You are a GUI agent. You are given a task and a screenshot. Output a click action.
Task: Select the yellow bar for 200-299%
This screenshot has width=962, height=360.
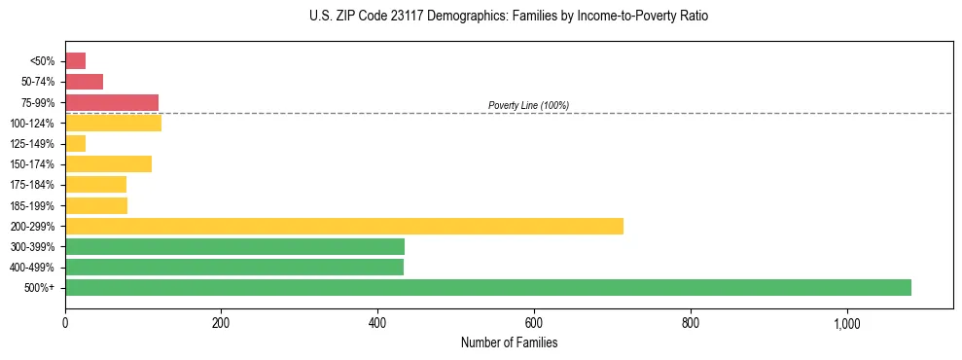[344, 226]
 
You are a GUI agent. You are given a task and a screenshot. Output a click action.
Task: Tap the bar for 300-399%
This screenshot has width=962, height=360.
[234, 246]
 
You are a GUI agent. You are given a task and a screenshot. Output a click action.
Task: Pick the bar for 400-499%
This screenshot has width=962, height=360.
[233, 267]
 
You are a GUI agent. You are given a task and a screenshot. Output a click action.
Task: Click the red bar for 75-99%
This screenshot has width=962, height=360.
[112, 102]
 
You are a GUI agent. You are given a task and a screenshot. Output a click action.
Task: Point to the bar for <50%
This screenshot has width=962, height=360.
[75, 60]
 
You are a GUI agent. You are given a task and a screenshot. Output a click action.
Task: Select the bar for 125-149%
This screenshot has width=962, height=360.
[75, 143]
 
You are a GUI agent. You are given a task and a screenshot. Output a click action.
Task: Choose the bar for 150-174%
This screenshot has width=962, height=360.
[108, 163]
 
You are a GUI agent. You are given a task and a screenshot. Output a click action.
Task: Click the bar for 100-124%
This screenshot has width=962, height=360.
[113, 123]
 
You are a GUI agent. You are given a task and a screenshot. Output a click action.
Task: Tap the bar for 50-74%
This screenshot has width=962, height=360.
[84, 82]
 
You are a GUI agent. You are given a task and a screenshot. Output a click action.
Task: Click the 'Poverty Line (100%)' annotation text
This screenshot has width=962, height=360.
[528, 105]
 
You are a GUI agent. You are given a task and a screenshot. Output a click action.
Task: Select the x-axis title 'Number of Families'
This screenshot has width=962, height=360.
[509, 342]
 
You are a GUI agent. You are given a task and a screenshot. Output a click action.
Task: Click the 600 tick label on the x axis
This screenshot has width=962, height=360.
[533, 323]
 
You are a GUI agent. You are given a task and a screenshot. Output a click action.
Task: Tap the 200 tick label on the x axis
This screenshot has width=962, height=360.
[221, 323]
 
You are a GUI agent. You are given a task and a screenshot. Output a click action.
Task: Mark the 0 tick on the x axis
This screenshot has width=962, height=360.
[65, 323]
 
